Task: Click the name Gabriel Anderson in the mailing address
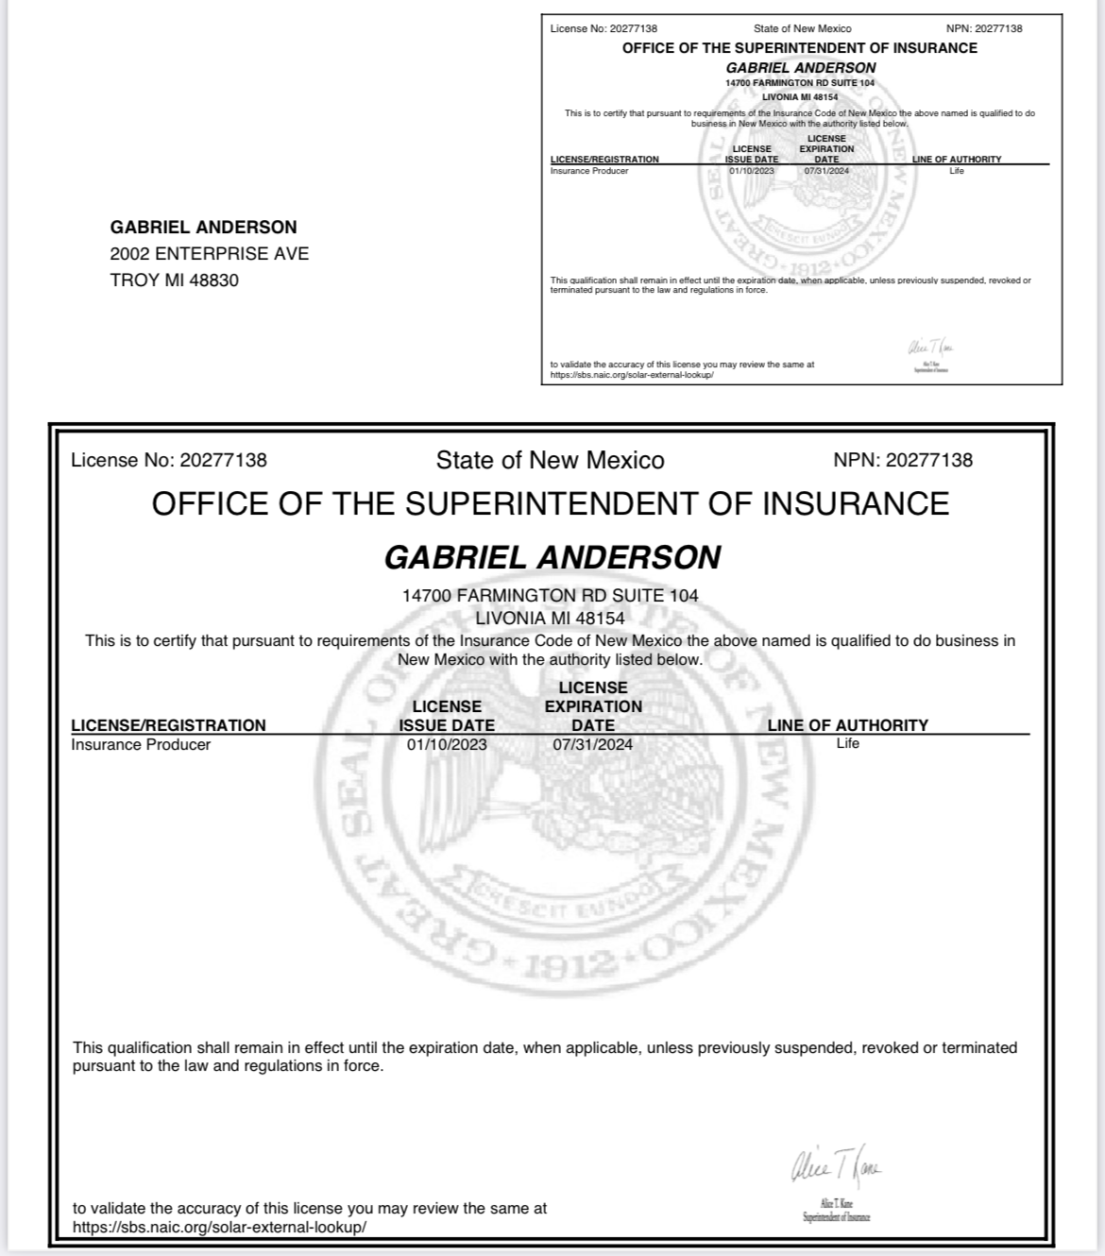[x=203, y=227]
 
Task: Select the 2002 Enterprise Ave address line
[x=209, y=253]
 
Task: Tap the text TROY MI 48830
[x=174, y=280]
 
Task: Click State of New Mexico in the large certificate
[x=550, y=460]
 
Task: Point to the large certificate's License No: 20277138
[x=169, y=460]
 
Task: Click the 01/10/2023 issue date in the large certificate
[x=447, y=744]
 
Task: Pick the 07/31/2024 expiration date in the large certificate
[x=593, y=744]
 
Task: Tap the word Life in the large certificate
[x=848, y=743]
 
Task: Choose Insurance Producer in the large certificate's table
[x=141, y=744]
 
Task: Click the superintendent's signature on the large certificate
[x=836, y=1170]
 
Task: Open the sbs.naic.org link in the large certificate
[x=219, y=1227]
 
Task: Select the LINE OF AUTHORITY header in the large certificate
[x=847, y=724]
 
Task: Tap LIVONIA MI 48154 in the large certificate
[x=550, y=618]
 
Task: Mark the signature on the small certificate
[x=930, y=348]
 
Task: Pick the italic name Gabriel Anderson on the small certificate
[x=800, y=68]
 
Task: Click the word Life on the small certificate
[x=957, y=171]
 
